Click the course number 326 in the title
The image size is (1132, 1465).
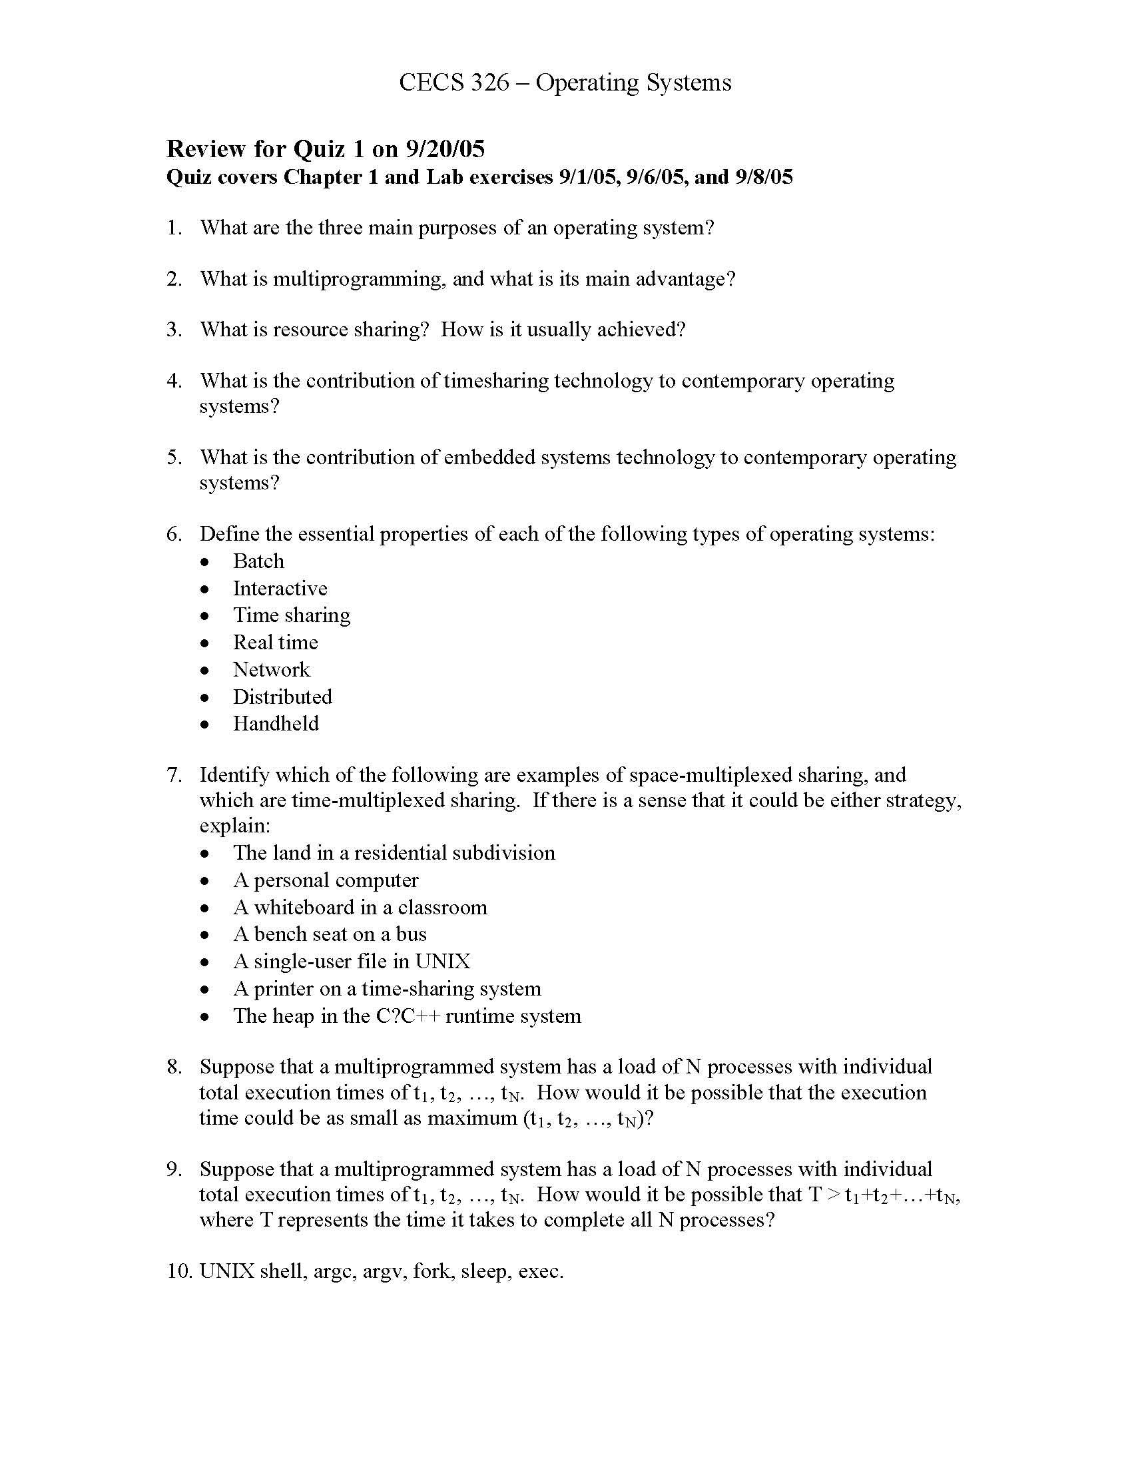pyautogui.click(x=489, y=83)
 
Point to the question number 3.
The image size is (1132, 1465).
pyautogui.click(x=174, y=330)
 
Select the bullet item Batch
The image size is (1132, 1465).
pyautogui.click(x=258, y=561)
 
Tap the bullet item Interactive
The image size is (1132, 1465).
pyautogui.click(x=280, y=588)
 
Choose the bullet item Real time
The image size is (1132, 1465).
pyautogui.click(x=275, y=642)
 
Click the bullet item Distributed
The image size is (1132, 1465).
pyautogui.click(x=282, y=697)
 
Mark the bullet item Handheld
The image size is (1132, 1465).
pyautogui.click(x=276, y=723)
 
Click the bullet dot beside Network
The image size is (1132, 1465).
pyautogui.click(x=205, y=670)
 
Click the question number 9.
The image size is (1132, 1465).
pyautogui.click(x=174, y=1169)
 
